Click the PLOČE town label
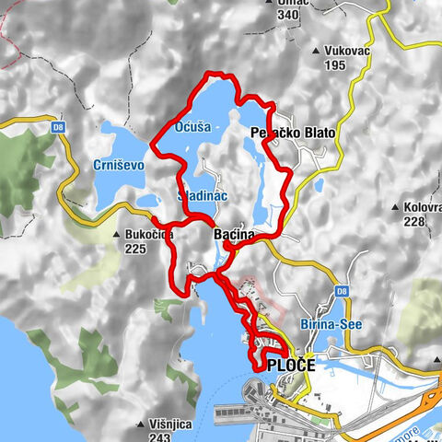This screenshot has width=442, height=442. coord(291,366)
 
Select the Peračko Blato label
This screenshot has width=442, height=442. coord(293,134)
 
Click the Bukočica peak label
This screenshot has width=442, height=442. coord(149,235)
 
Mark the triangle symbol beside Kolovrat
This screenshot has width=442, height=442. coord(394,207)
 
